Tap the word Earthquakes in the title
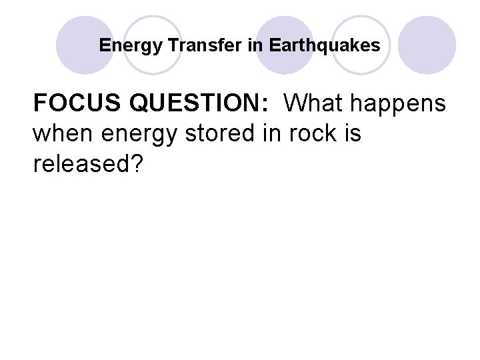pyautogui.click(x=325, y=45)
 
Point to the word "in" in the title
pyautogui.click(x=257, y=45)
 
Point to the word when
pyautogui.click(x=60, y=133)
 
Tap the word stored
pyautogui.click(x=216, y=133)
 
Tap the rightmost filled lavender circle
pyautogui.click(x=427, y=45)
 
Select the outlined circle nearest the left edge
pyautogui.click(x=154, y=45)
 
